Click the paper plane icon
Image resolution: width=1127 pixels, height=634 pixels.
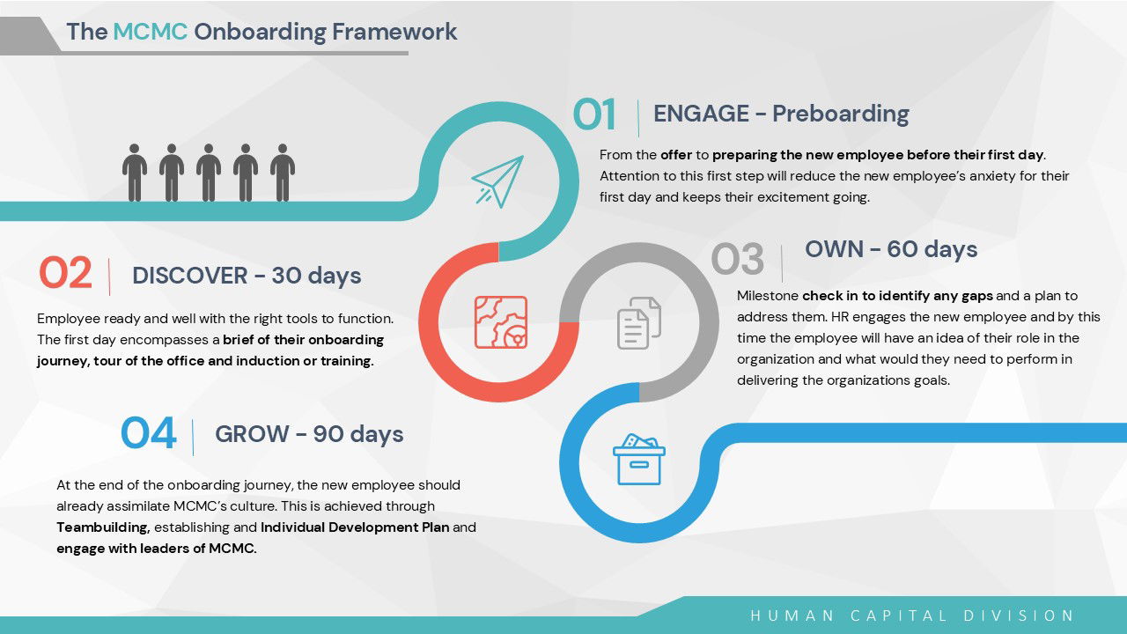coord(497,181)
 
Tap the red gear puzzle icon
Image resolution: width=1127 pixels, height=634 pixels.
coord(501,322)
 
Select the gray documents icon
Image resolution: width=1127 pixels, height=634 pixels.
coord(639,323)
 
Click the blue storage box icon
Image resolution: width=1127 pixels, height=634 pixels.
coord(639,460)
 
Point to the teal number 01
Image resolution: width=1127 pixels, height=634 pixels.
coord(594,114)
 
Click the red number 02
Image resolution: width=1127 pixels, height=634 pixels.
coord(65,273)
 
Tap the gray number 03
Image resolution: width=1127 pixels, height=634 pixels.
coord(737,259)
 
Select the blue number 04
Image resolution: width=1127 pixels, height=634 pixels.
coord(149,432)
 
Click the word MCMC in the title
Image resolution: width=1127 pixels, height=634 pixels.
coord(151,31)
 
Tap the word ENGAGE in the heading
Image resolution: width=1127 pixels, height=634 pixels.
coord(701,114)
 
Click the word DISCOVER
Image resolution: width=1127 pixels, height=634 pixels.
coord(190,276)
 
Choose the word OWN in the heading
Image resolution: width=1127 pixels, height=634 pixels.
coord(834,249)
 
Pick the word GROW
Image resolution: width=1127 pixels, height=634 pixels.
coord(252,434)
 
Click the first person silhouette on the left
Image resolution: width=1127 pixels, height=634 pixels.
coord(135,173)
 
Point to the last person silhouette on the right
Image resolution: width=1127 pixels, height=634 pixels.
coord(283,173)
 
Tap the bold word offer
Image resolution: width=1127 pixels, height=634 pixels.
coord(676,154)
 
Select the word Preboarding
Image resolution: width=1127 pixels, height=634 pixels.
coord(841,114)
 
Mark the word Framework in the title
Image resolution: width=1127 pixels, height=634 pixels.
coord(394,31)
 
